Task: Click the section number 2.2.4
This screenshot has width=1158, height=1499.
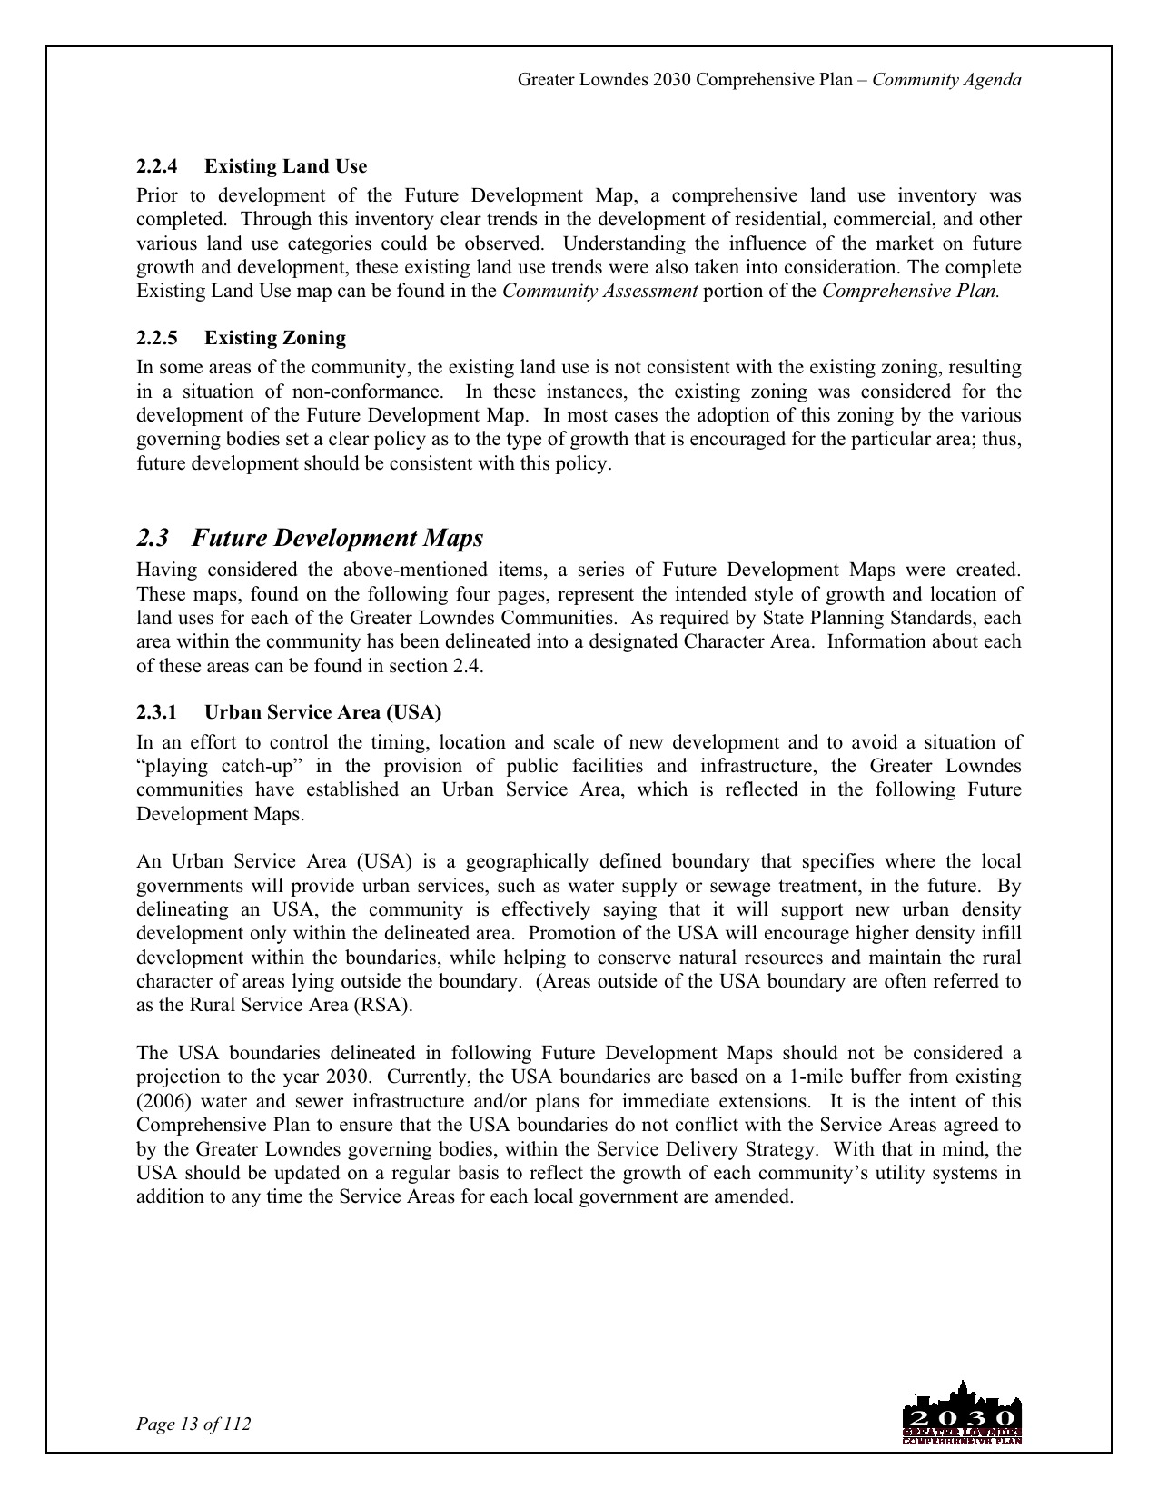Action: tap(156, 166)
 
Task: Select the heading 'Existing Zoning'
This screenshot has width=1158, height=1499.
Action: tap(274, 338)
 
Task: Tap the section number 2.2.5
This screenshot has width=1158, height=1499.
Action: tap(156, 338)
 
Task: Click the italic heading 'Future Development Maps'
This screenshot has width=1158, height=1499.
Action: tap(338, 538)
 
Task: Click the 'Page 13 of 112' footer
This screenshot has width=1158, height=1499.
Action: tap(193, 1424)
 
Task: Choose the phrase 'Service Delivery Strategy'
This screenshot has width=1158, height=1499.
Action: tap(712, 1149)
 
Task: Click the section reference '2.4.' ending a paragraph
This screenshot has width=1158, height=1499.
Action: tap(470, 666)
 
